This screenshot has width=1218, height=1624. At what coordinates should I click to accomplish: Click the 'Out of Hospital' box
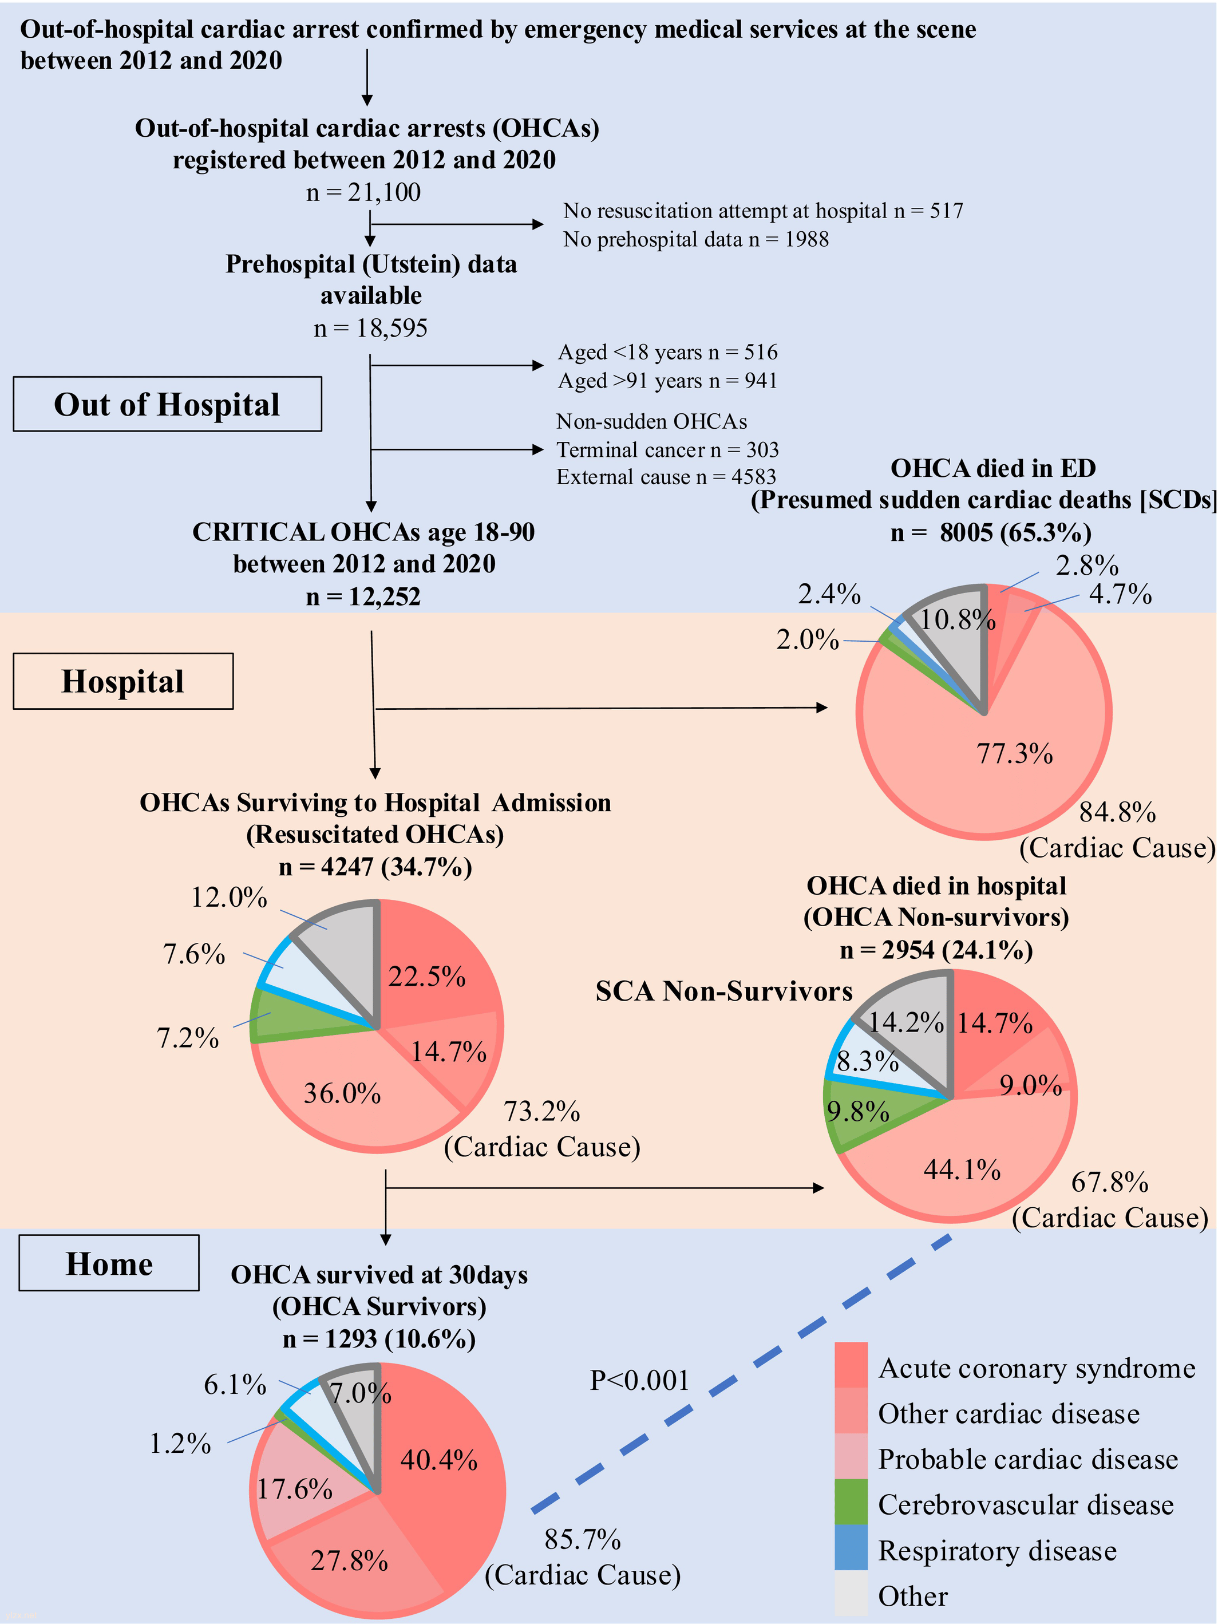click(167, 404)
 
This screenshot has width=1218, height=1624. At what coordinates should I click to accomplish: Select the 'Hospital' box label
click(122, 681)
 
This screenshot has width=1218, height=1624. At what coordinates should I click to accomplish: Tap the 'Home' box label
click(109, 1263)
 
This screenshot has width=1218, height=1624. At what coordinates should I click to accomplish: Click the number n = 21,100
click(363, 192)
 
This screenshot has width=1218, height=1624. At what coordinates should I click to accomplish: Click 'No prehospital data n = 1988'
click(695, 239)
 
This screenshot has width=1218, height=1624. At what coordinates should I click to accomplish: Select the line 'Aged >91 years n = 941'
click(667, 380)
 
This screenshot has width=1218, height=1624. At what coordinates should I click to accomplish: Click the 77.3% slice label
click(1014, 753)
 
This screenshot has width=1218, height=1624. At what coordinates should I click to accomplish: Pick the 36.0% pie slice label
click(342, 1093)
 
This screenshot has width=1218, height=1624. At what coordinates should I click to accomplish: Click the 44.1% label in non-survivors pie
click(961, 1169)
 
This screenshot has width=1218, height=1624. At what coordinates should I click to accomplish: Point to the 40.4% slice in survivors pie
click(438, 1460)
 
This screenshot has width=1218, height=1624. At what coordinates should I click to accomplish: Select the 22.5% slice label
click(426, 977)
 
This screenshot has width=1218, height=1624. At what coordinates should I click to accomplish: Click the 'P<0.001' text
click(639, 1380)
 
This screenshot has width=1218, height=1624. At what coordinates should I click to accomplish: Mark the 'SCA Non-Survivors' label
click(723, 991)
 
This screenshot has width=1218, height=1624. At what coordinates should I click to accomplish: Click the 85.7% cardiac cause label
click(582, 1539)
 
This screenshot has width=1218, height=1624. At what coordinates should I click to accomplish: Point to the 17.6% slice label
click(294, 1488)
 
